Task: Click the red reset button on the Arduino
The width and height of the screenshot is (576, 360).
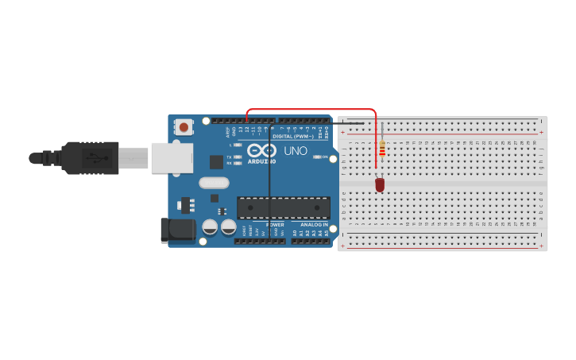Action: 184,126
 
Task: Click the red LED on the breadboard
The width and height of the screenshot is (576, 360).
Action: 380,184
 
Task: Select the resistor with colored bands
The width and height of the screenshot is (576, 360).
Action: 382,149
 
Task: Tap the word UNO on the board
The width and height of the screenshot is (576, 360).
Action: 296,150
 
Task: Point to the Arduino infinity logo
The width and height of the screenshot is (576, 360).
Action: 261,149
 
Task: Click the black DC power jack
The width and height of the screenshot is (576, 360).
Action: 176,230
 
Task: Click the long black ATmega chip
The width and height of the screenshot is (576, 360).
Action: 284,208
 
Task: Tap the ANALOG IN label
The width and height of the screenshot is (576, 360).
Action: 315,225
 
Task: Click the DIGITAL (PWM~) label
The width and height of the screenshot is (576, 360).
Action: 294,136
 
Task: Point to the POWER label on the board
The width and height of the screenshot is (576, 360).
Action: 275,225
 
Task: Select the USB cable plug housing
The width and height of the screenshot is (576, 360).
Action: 91,157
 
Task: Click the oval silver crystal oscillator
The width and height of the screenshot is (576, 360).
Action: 214,183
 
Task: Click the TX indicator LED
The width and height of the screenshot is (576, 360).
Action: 238,157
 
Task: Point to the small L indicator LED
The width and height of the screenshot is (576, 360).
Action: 238,145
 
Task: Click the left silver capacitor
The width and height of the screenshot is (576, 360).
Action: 210,227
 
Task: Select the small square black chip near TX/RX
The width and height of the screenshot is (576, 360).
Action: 216,161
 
